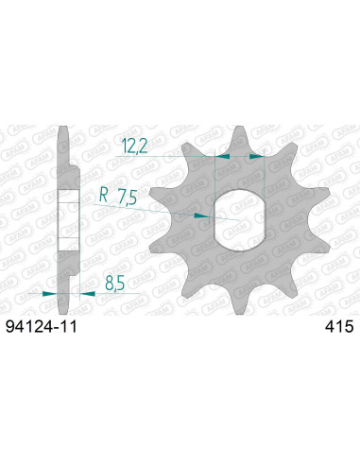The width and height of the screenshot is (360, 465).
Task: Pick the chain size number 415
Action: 337,327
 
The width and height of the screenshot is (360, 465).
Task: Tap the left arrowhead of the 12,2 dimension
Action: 222,153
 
